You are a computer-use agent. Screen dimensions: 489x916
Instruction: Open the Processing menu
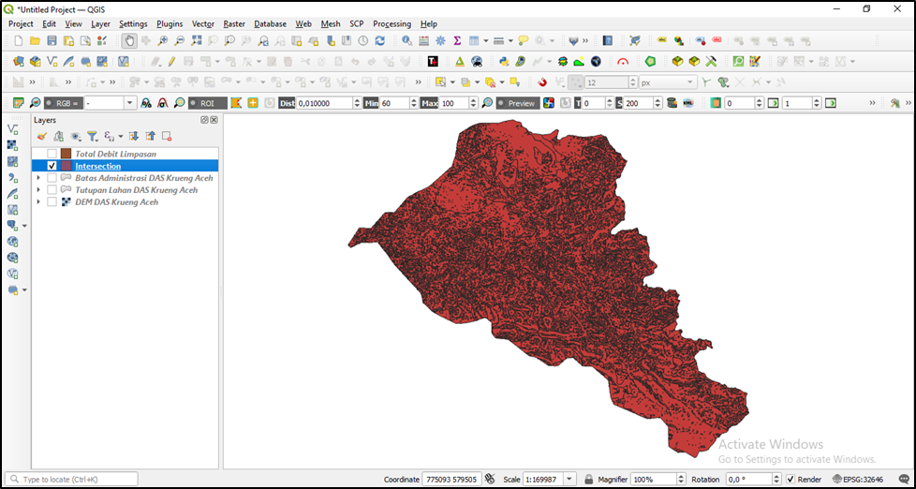(392, 23)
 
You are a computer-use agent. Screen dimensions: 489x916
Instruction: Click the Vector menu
(203, 23)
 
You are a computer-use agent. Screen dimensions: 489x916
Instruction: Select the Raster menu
(234, 23)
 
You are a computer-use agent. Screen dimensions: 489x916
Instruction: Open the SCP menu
(357, 23)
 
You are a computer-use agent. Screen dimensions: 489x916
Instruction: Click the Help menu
(429, 23)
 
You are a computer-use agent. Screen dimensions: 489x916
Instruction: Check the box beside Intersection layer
(52, 166)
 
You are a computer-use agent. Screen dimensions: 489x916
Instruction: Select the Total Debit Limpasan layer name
(115, 154)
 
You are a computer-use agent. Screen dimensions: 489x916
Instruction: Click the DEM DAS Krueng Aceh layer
(116, 201)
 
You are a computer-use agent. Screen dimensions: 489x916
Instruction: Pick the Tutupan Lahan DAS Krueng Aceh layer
(136, 189)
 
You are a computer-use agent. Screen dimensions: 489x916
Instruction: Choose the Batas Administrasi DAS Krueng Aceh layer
(143, 178)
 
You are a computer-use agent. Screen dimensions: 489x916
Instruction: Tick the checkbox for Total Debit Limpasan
(52, 154)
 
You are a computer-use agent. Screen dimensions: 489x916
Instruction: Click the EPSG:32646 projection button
(858, 480)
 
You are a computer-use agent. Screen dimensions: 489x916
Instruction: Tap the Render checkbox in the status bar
(791, 480)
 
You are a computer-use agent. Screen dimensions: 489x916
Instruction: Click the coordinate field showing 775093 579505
(451, 480)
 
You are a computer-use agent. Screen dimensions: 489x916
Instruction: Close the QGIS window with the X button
(896, 8)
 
